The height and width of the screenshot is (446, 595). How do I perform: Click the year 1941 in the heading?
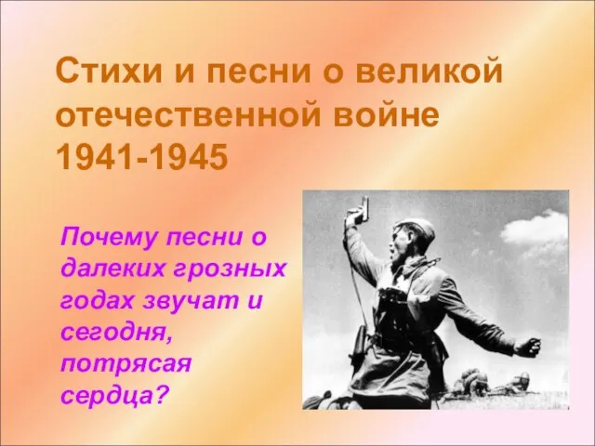coord(95,156)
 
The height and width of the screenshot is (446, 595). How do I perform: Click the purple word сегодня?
coord(114,334)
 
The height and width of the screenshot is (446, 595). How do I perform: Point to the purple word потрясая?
coord(126,365)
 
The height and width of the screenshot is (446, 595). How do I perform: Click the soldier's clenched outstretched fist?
coord(529,347)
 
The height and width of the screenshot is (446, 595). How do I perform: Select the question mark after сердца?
coord(159,394)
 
